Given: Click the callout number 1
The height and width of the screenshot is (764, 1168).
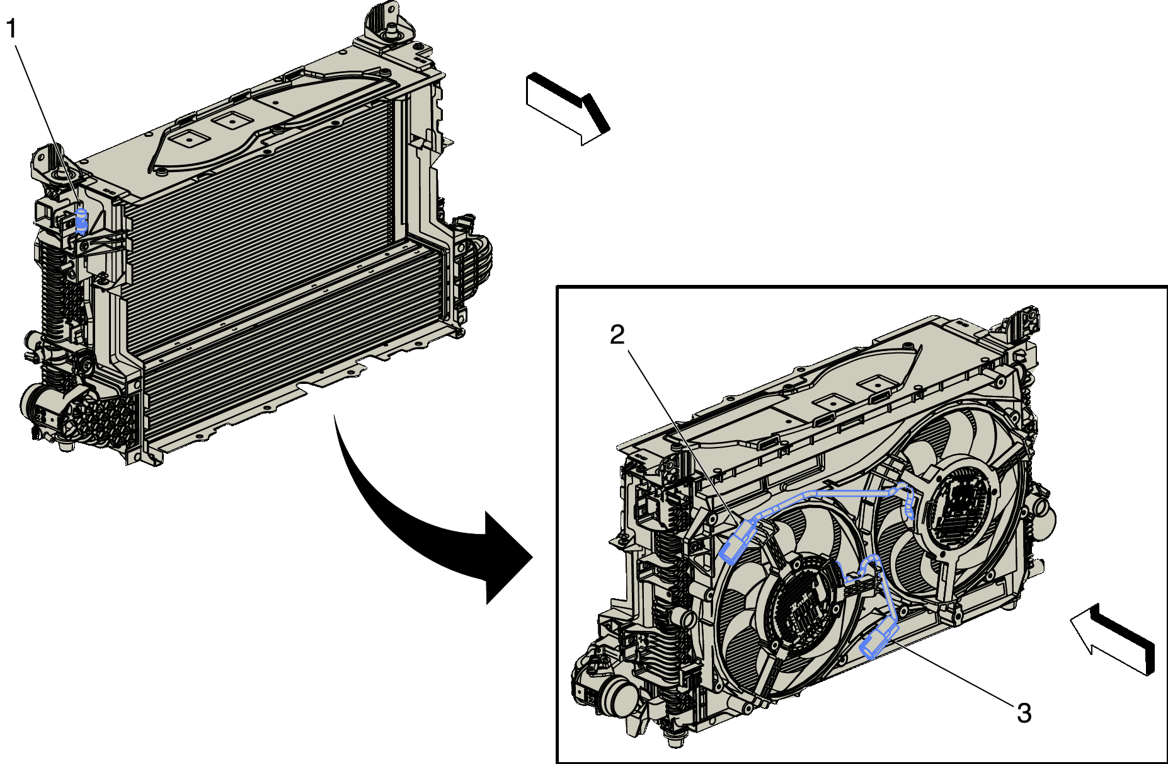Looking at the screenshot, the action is (x=12, y=29).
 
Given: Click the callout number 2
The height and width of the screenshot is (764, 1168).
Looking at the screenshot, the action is (x=617, y=335).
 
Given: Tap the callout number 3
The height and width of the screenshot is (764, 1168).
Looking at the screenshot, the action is (x=1024, y=713).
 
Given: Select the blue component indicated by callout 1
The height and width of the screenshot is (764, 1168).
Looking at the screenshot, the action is (x=81, y=220).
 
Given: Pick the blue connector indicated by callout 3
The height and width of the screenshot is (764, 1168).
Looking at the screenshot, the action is (x=878, y=640).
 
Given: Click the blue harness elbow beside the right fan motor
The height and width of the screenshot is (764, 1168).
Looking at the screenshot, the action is (x=907, y=498).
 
